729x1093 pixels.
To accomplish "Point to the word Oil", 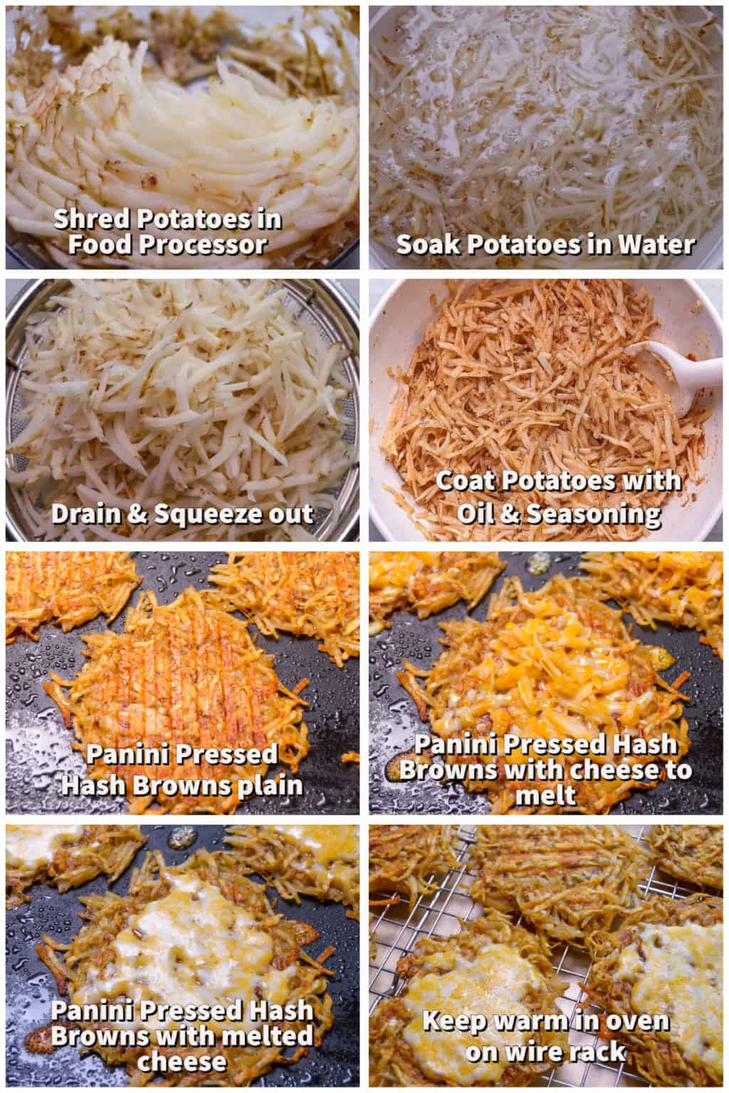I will (474, 514).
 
